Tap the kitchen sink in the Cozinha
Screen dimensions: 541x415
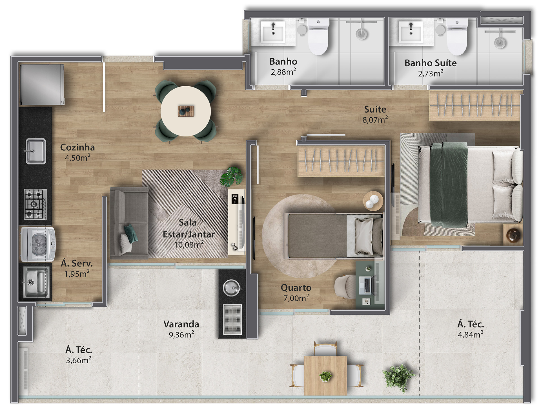36,151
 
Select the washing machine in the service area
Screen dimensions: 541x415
38,244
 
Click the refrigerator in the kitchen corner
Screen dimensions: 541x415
42,85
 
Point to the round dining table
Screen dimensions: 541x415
186,111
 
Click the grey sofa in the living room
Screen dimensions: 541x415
129,223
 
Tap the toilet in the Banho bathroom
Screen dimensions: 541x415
318,36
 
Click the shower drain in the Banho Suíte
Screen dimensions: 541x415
500,43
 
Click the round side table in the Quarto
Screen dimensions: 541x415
373,201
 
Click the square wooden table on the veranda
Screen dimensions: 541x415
325,376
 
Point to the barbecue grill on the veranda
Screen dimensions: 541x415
232,319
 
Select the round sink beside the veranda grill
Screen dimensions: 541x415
232,288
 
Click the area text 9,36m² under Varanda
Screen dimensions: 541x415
181,335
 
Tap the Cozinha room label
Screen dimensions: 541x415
77,147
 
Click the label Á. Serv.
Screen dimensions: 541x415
77,263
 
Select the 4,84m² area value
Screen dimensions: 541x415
471,335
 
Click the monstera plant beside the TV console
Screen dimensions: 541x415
232,176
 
